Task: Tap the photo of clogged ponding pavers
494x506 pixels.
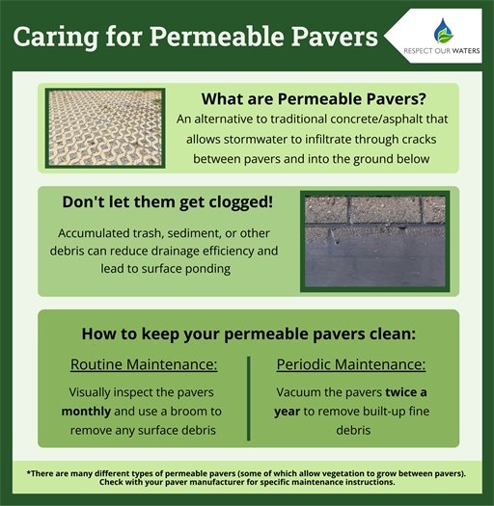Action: (x=372, y=241)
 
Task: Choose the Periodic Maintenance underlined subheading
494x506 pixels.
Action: (x=351, y=365)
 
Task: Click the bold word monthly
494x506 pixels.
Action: (x=84, y=412)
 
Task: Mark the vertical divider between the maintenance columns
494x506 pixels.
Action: (x=249, y=395)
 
